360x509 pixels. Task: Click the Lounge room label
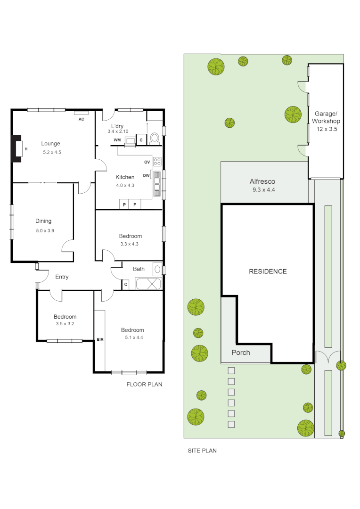tap(50, 144)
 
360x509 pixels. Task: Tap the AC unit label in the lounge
tap(81, 119)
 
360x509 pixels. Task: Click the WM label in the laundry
tap(117, 140)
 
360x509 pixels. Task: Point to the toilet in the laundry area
tap(155, 139)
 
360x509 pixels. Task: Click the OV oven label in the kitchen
tap(147, 162)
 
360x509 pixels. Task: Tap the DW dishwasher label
tap(146, 175)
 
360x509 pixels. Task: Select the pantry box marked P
tap(124, 205)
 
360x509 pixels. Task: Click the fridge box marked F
tap(135, 205)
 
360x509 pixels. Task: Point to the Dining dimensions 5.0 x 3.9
tap(45, 230)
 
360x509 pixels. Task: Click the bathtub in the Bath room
tap(148, 284)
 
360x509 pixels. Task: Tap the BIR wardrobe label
tap(99, 339)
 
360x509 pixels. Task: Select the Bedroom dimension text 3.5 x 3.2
tap(65, 324)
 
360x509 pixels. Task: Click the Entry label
tap(62, 277)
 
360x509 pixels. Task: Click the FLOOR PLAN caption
tap(144, 384)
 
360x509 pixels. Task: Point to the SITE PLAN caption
tap(202, 451)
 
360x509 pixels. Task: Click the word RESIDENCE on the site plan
tap(268, 271)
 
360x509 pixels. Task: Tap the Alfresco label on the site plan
tap(262, 181)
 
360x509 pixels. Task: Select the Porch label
tap(240, 353)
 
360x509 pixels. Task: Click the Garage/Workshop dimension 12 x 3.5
tap(326, 129)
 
